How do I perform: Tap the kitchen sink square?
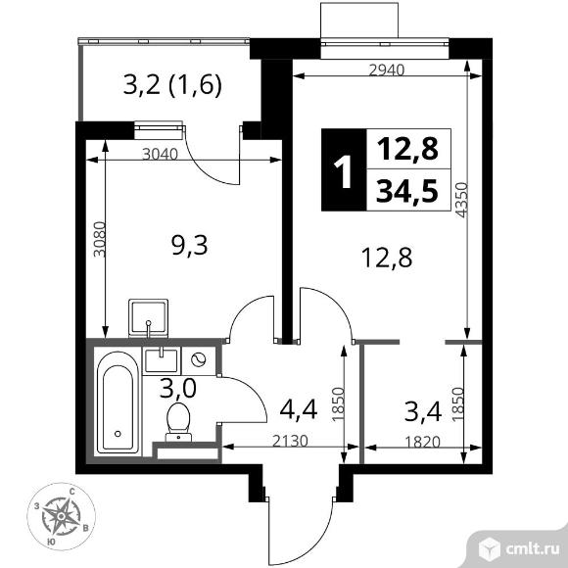click(x=149, y=316)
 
